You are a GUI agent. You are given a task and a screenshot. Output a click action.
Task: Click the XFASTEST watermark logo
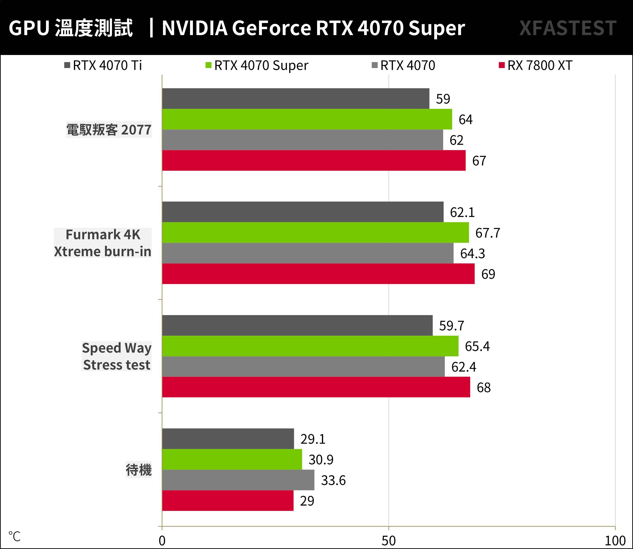(568, 28)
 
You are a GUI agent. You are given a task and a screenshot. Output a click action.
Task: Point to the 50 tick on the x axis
(389, 541)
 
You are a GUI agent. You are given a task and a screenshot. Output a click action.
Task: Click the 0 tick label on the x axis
(162, 541)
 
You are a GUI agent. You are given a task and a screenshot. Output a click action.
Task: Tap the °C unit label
(14, 536)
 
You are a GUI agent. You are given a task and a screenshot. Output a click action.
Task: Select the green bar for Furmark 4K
(315, 233)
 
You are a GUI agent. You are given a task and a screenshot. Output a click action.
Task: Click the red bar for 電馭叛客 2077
(314, 160)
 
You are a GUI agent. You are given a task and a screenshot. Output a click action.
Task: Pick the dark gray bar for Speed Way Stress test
(297, 325)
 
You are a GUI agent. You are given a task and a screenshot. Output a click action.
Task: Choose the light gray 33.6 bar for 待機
(238, 480)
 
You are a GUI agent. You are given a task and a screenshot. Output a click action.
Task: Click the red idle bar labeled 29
(228, 501)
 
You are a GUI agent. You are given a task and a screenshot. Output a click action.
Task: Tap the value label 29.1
(312, 439)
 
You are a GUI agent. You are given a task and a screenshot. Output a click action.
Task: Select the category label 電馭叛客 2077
(109, 130)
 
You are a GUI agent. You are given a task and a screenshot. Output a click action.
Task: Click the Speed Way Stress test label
(116, 356)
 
